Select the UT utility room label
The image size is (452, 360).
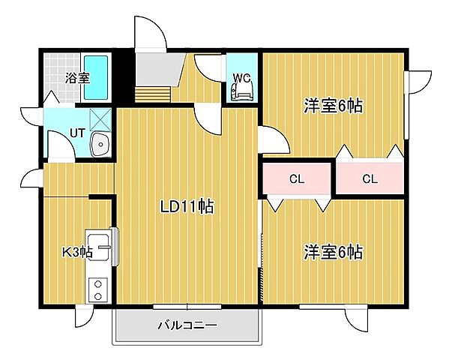[x=76, y=133]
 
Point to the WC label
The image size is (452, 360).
[x=241, y=77]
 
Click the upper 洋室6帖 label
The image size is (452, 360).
[x=333, y=106]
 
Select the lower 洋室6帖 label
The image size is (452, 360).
[x=333, y=251]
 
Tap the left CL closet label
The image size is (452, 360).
[x=296, y=178]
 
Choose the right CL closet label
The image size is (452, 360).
[x=369, y=178]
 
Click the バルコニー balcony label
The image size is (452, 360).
[x=187, y=326]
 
